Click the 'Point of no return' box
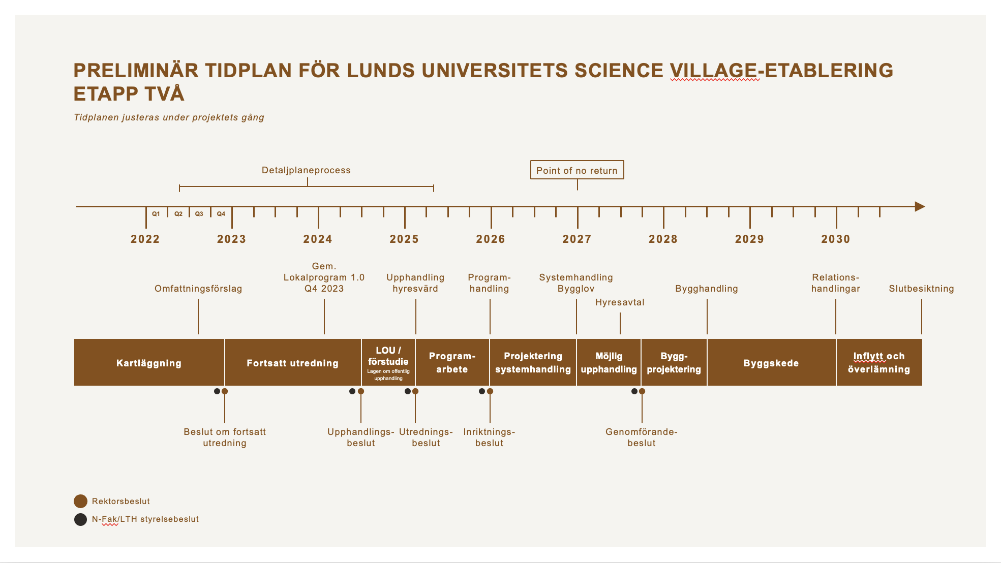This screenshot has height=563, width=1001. tap(577, 170)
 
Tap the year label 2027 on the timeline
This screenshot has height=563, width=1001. tap(577, 239)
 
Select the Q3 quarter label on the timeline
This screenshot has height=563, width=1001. tap(199, 214)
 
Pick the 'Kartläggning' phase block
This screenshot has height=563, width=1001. tap(149, 363)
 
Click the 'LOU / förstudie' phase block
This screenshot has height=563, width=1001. tap(388, 362)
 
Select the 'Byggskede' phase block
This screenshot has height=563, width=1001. tap(771, 363)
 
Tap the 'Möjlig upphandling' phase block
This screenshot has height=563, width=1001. tap(609, 363)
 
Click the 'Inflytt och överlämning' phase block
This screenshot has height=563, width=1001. tap(878, 363)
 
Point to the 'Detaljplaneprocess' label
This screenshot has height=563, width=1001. tap(306, 170)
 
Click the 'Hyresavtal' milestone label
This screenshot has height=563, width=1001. tap(620, 302)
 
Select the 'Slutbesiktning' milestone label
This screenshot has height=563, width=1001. tap(921, 289)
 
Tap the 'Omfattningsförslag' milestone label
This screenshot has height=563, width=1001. tap(198, 289)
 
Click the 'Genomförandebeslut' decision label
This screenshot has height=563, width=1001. tap(641, 437)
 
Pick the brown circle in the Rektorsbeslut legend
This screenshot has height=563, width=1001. tap(80, 502)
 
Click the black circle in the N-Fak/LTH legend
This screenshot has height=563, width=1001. tap(80, 519)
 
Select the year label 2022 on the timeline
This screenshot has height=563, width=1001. tap(145, 239)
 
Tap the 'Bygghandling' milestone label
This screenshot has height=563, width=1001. tap(706, 289)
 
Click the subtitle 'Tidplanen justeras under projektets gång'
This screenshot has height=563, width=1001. tap(169, 117)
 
